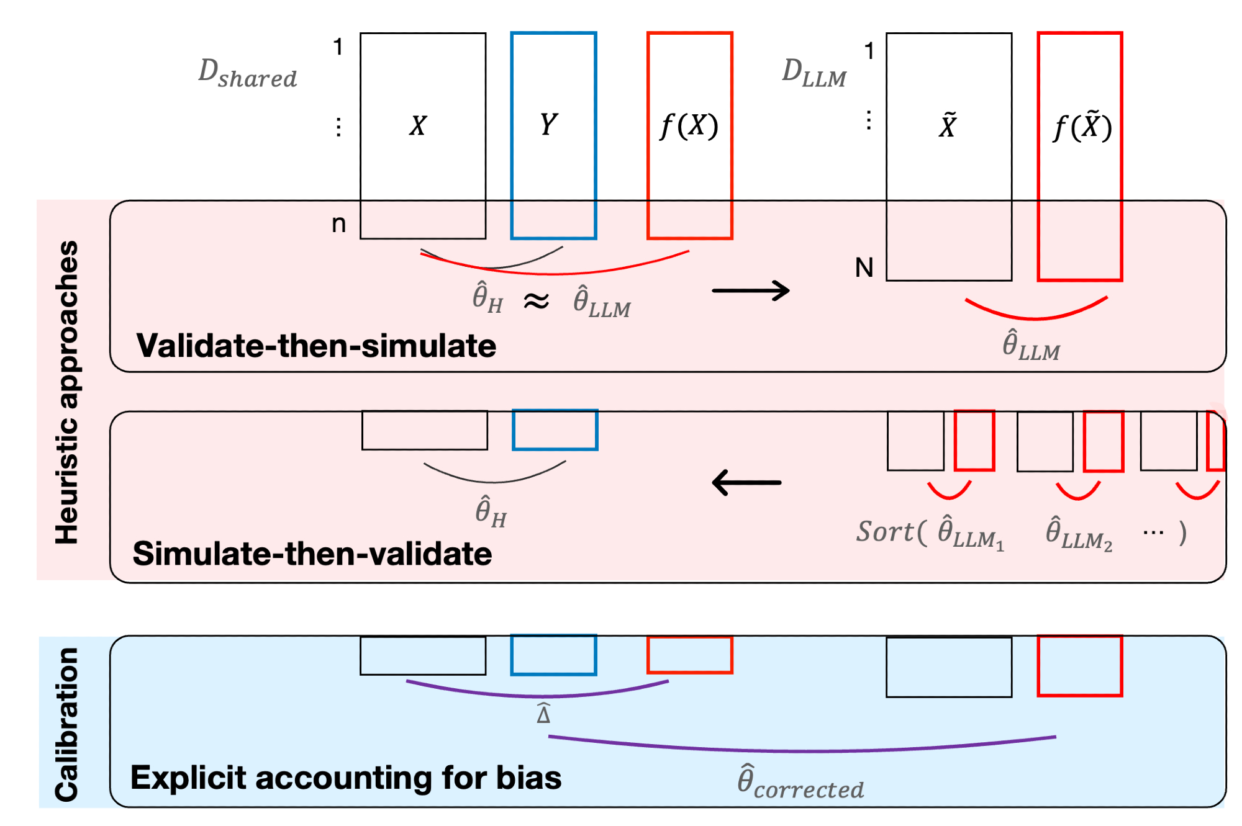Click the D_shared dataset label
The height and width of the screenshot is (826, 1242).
tap(247, 73)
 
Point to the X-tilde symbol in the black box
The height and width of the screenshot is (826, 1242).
tap(948, 125)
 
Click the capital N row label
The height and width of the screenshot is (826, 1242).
tap(864, 268)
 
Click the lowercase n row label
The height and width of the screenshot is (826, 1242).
tap(338, 223)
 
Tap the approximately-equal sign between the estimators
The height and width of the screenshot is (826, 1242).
tap(536, 302)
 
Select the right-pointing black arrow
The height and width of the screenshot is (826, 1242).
tap(750, 290)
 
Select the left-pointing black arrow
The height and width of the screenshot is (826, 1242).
tap(746, 482)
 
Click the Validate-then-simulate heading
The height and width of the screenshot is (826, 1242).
tap(316, 346)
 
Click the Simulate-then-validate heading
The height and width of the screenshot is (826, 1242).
tap(312, 554)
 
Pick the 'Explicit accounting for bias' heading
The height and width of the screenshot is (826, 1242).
tap(346, 778)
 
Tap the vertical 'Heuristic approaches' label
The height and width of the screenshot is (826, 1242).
tap(67, 392)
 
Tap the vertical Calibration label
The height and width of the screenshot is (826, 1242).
tap(67, 724)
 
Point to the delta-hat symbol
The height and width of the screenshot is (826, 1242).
tap(543, 714)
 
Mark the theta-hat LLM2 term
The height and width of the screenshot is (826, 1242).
tap(1079, 534)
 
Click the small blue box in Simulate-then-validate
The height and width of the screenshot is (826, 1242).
tap(555, 429)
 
